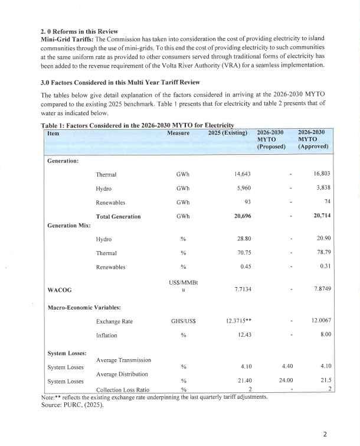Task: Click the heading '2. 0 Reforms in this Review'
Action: tap(78, 31)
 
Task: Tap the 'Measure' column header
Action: tap(178, 134)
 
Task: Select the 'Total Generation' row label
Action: tap(118, 216)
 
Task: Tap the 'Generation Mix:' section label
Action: tap(69, 226)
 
